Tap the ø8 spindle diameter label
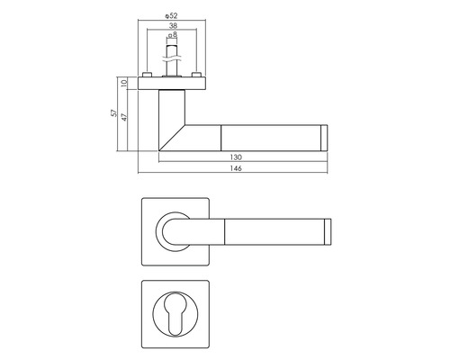pos(174,37)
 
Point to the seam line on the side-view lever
pos(221,137)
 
